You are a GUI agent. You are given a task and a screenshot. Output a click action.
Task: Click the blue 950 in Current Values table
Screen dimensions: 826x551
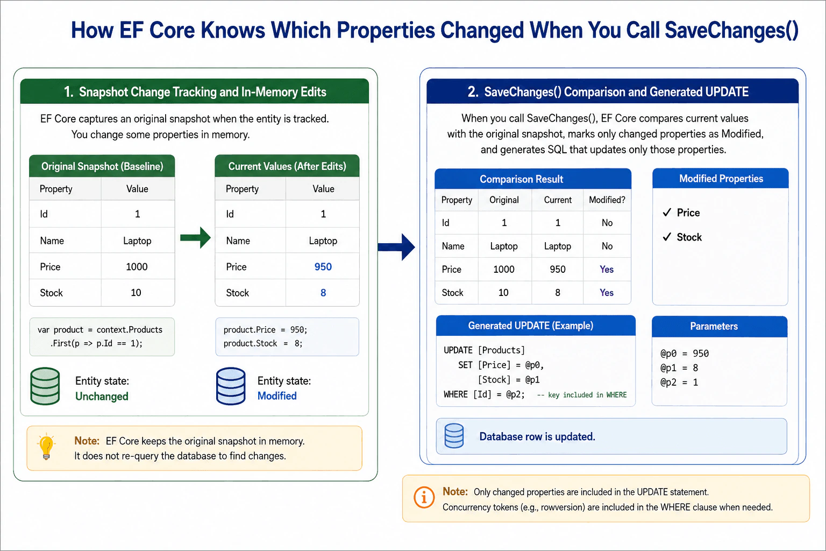[323, 266]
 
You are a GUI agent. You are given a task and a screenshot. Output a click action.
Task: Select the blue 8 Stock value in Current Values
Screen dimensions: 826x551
[323, 293]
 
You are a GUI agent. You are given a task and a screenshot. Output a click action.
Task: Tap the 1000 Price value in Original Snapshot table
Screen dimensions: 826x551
[137, 266]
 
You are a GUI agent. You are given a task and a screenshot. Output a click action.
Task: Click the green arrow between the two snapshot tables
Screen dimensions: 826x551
[195, 238]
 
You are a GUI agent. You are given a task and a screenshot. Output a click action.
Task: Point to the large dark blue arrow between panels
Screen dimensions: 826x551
[396, 247]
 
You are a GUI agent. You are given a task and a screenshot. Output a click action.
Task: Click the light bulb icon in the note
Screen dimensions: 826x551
[46, 446]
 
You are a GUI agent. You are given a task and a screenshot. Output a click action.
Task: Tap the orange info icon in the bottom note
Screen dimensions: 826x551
[424, 498]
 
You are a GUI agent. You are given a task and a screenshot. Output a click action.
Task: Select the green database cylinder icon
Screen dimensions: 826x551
[45, 386]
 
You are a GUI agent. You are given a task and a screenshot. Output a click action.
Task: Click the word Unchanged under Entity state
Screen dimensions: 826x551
[102, 396]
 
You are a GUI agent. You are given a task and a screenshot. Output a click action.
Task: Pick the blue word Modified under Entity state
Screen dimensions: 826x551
[277, 395]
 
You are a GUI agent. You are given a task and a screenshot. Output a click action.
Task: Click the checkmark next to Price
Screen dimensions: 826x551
[667, 212]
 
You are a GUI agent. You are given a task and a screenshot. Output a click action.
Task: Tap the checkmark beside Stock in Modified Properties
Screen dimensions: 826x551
[667, 237]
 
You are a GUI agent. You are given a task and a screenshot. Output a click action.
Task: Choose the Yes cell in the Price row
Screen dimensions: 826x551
[607, 269]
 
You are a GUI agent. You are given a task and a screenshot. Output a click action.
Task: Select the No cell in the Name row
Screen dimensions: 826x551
[607, 246]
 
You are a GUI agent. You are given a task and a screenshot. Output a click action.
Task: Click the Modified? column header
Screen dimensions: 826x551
[607, 200]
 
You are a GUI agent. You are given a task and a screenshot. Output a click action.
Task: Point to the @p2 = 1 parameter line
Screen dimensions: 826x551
[679, 382]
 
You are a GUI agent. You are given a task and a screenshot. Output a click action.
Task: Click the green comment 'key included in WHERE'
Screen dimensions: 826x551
[582, 394]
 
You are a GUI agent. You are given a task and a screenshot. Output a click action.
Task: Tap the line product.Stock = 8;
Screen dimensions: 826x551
[263, 343]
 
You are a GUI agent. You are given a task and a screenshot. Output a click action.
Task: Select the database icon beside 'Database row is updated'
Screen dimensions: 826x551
[454, 436]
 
